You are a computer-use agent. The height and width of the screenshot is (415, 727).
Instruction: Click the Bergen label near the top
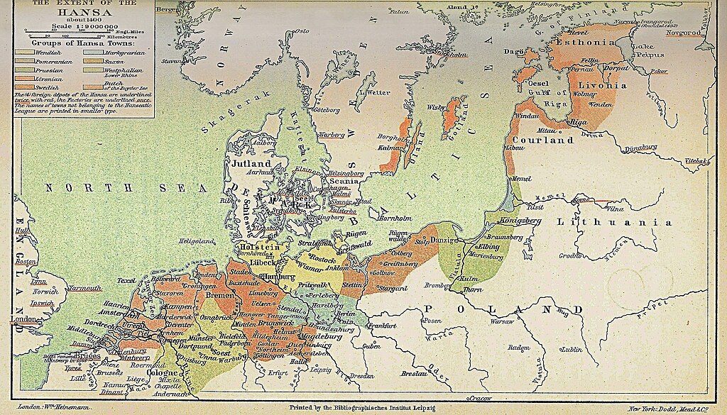168,9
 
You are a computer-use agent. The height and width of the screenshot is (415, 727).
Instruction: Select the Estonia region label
588,42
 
